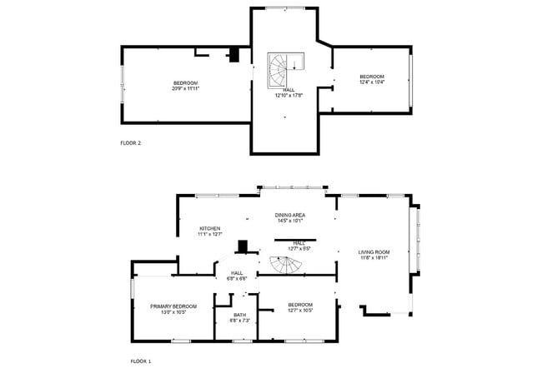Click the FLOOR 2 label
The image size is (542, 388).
[131, 143]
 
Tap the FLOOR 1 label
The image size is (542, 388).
[141, 361]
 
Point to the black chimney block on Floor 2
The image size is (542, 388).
[235, 55]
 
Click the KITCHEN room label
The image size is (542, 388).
[209, 228]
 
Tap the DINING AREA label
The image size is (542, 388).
[289, 215]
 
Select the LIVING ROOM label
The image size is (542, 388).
[374, 251]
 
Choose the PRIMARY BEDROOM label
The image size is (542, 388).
[173, 306]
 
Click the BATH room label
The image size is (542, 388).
[239, 315]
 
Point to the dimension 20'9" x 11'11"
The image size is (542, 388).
[186, 87]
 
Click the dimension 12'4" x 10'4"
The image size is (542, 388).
[372, 82]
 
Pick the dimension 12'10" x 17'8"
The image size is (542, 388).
[289, 95]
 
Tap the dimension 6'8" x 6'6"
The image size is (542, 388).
[237, 278]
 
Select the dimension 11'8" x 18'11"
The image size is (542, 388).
[374, 257]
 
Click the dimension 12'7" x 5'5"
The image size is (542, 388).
[299, 248]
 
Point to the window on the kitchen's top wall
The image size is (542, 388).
[217, 196]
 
